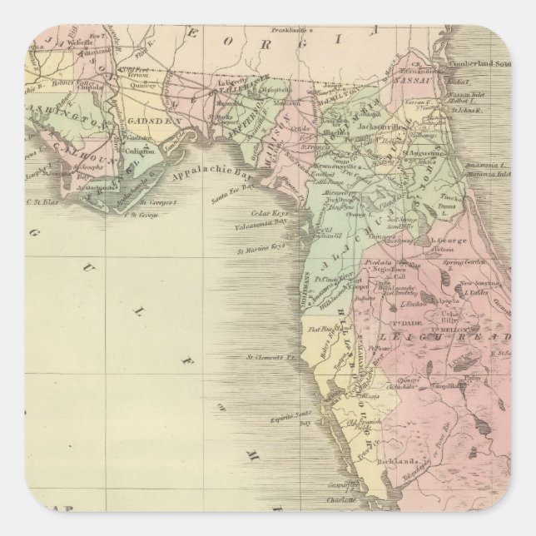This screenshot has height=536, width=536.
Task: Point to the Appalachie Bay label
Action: click(204, 176)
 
